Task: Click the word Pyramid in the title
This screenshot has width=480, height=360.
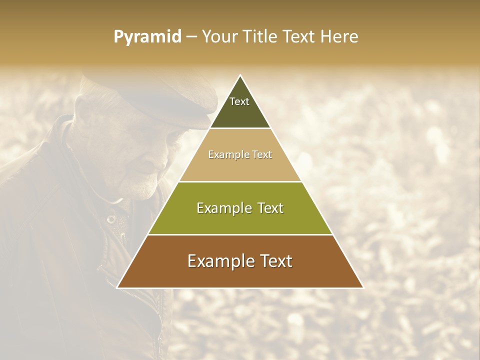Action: pyautogui.click(x=147, y=37)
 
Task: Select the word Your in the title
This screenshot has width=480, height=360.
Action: pyautogui.click(x=218, y=37)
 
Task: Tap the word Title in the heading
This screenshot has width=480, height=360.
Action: pyautogui.click(x=260, y=37)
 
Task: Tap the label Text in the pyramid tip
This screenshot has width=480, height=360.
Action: pyautogui.click(x=239, y=101)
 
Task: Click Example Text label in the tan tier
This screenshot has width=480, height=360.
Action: pyautogui.click(x=240, y=154)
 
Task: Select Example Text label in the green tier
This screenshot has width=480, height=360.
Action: pyautogui.click(x=240, y=208)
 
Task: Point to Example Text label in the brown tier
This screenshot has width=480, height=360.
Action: pyautogui.click(x=240, y=261)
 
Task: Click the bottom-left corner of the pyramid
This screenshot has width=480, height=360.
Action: pyautogui.click(x=117, y=287)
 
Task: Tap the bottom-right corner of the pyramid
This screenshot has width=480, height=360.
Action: pyautogui.click(x=363, y=287)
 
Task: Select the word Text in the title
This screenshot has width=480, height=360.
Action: pyautogui.click(x=299, y=37)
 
